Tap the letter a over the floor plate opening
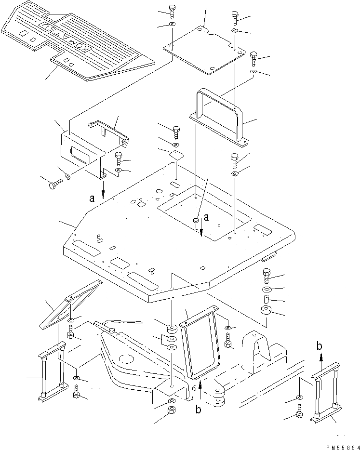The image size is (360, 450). coord(206,218)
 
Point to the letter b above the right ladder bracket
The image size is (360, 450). coord(320,346)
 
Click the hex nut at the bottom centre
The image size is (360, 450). coord(172,411)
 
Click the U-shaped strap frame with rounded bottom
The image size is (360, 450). coord(200,343)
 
